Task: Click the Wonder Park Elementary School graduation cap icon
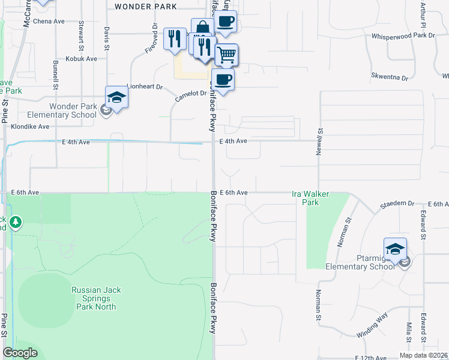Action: (116, 98)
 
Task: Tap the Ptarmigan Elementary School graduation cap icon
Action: (395, 249)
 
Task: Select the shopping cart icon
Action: (226, 55)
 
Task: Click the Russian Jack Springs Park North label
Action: (96, 298)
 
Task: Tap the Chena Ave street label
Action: (49, 21)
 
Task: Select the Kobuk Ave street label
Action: (82, 59)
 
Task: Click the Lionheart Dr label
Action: (145, 86)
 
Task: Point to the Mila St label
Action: (409, 332)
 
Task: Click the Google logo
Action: (20, 353)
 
